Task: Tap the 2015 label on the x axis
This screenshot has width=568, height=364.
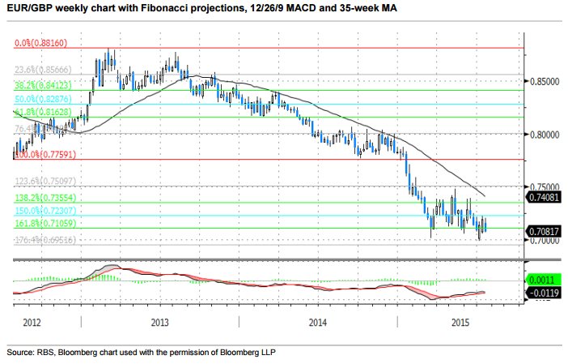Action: coord(461,323)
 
